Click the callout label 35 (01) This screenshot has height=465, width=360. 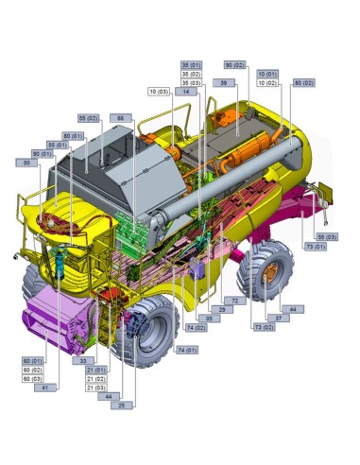[x=191, y=64]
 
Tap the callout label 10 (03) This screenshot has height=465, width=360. [x=159, y=92]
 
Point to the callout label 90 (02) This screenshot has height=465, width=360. [x=235, y=64]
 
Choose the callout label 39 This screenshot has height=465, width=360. [x=223, y=83]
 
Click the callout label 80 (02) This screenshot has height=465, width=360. [x=304, y=83]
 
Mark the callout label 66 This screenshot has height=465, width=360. [x=120, y=117]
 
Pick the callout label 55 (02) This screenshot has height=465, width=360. [x=89, y=117]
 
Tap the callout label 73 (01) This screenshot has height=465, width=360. [x=315, y=246]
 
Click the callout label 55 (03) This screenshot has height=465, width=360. [x=325, y=236]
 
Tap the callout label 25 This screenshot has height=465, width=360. [x=120, y=405]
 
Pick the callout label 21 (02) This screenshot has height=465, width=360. [x=95, y=378]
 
